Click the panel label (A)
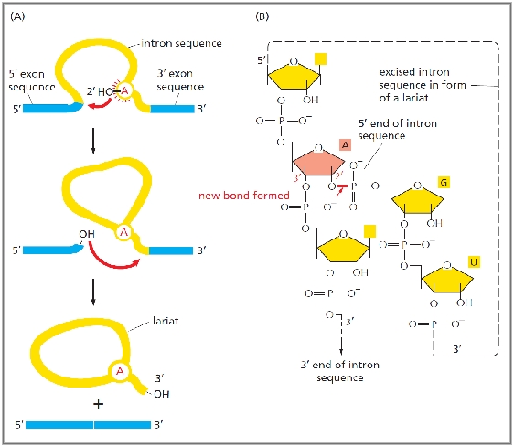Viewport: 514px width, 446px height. click(x=17, y=16)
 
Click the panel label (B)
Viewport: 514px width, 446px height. click(x=262, y=16)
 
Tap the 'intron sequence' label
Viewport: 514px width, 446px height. click(x=181, y=43)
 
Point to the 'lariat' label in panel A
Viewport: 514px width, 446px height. click(x=166, y=321)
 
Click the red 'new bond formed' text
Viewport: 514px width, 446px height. click(x=244, y=196)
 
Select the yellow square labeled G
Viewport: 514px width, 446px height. click(x=444, y=183)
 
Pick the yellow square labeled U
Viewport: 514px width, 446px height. click(x=474, y=262)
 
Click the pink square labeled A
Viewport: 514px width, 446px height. click(x=345, y=144)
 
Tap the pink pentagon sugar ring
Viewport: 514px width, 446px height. click(x=318, y=161)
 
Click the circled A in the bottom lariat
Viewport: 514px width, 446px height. click(x=120, y=371)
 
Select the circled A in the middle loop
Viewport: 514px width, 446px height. click(x=123, y=232)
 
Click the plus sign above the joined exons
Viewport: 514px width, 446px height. click(x=99, y=404)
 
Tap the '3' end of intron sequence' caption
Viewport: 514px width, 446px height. click(x=340, y=371)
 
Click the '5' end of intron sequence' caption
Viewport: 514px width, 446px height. click(x=397, y=130)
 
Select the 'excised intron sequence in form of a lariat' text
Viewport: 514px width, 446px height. click(x=423, y=85)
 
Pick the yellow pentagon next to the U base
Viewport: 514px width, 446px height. click(x=447, y=278)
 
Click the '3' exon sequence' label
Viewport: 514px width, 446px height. click(x=180, y=80)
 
